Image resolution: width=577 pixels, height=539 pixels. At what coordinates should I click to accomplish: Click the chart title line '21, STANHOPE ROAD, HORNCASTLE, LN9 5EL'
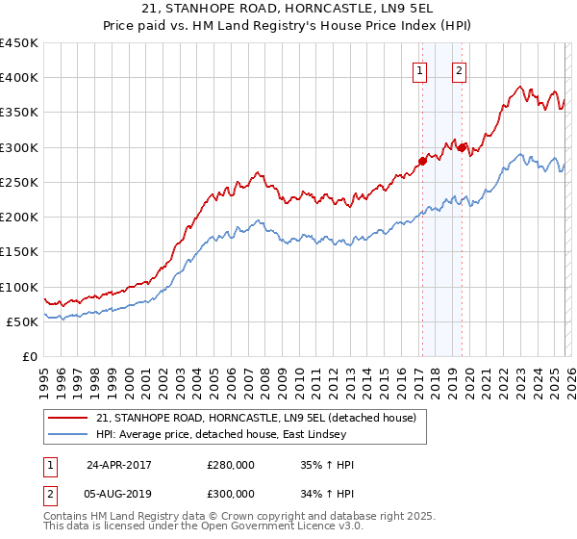coord(288,11)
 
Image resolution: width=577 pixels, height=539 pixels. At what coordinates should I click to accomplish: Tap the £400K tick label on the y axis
coord(19,78)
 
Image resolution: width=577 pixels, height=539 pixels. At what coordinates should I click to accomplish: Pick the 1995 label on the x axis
coord(44,376)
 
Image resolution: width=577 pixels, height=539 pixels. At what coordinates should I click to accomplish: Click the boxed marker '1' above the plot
coord(421,70)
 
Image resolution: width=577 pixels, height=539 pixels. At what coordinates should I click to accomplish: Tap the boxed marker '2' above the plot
coord(460,70)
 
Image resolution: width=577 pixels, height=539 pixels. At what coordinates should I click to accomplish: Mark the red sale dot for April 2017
coord(421,161)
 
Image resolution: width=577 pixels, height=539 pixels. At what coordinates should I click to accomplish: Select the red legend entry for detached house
coord(256,419)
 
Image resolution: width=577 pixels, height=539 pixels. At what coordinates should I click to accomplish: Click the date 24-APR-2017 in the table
coord(119,465)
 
